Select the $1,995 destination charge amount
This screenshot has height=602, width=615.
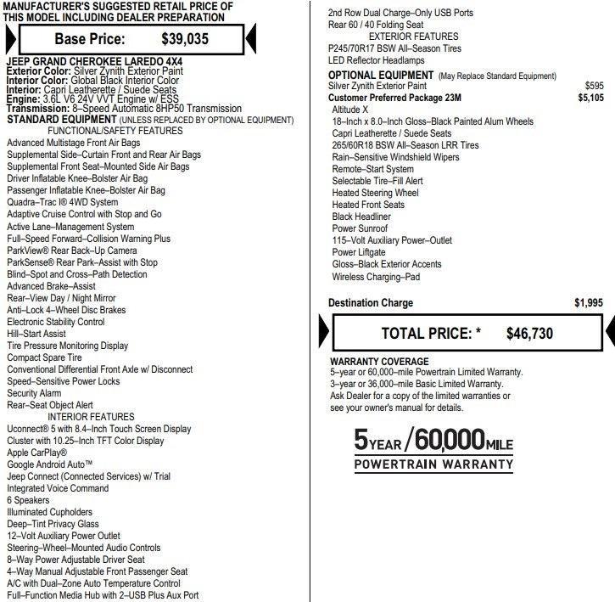[588, 303]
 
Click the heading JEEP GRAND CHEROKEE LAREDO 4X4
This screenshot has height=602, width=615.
[94, 63]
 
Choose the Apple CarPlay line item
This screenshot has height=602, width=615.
[48, 453]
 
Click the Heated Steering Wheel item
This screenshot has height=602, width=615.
[375, 193]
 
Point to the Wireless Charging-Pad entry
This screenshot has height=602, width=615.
[376, 276]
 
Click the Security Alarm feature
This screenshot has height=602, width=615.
[34, 394]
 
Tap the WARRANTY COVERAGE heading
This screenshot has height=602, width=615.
[373, 361]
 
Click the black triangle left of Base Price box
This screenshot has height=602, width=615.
[8, 38]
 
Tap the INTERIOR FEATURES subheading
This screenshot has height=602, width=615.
[91, 417]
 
